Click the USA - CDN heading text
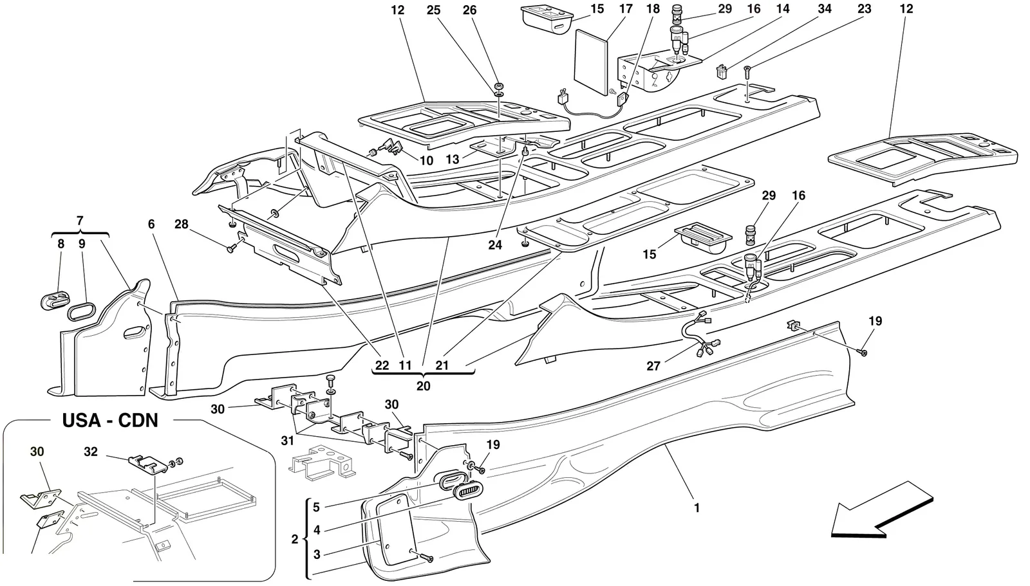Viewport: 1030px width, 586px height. tap(110, 420)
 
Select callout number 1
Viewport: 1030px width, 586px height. tap(697, 508)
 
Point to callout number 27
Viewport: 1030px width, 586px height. tap(653, 366)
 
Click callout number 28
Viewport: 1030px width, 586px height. tap(182, 224)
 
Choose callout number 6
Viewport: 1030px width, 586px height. tap(151, 224)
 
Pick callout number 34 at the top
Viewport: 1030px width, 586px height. tap(825, 9)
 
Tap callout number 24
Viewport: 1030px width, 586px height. tap(495, 246)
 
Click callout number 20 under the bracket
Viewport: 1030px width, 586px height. tap(423, 385)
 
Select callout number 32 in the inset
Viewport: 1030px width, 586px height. tap(91, 452)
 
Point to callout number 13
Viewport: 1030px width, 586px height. tap(453, 160)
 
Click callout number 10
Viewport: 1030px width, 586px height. tap(426, 160)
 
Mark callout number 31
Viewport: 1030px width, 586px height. tap(287, 441)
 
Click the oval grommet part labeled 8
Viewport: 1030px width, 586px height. tap(53, 305)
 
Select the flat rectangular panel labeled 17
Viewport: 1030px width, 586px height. tap(592, 62)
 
